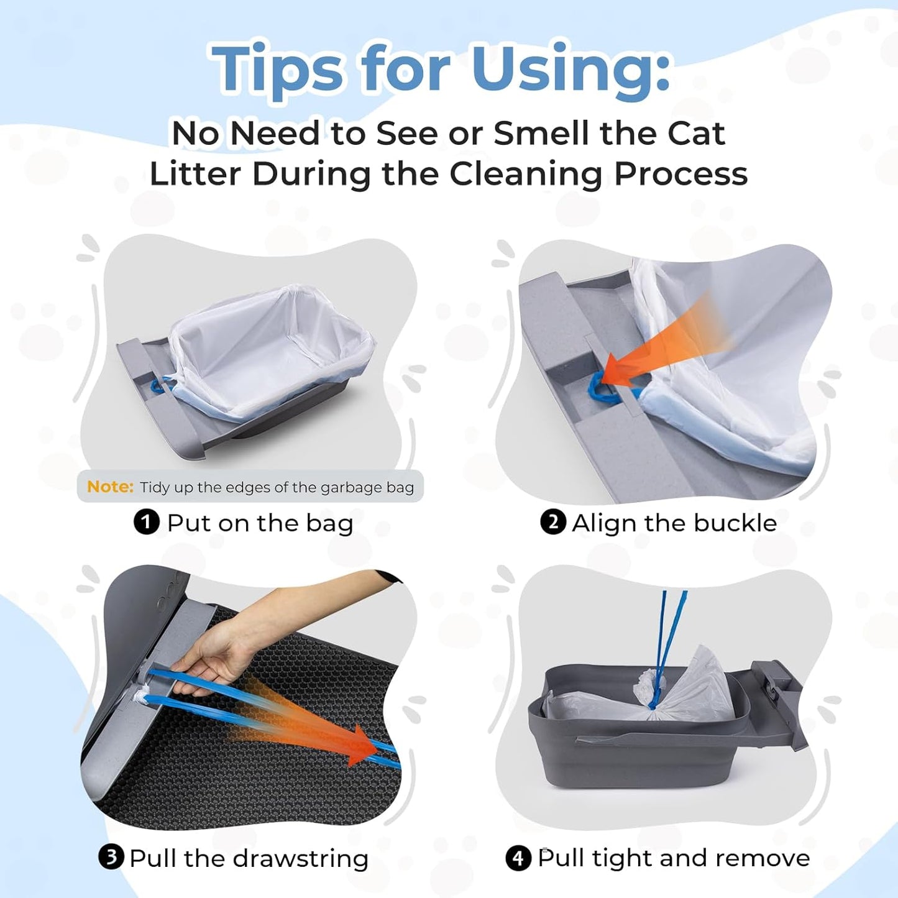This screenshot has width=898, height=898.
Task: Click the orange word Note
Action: (x=110, y=487)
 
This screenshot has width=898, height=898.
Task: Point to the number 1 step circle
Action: (x=147, y=522)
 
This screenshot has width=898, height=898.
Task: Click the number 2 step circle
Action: (x=552, y=522)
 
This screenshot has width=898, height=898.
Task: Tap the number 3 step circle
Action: (x=111, y=858)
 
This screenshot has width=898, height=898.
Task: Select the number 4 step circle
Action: (x=518, y=858)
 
